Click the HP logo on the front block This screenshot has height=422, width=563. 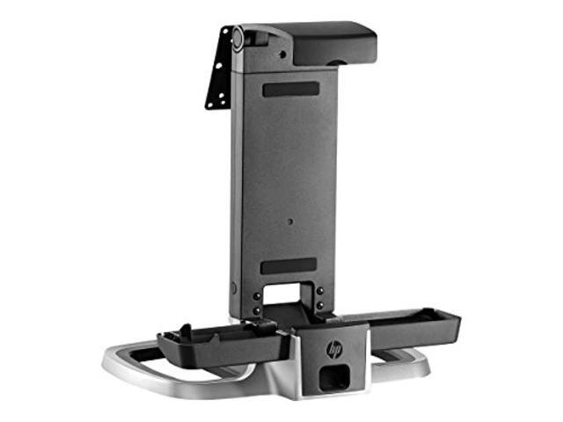pos(334,349)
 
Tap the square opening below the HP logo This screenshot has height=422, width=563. pos(334,377)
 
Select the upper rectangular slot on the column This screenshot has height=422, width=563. pos(291,90)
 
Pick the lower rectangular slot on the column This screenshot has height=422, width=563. pos(289,266)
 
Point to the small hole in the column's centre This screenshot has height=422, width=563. pos(290,222)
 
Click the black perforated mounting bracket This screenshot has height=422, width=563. pos(218,68)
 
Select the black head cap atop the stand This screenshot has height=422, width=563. pos(334,43)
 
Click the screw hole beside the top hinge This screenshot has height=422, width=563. pos(282,55)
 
